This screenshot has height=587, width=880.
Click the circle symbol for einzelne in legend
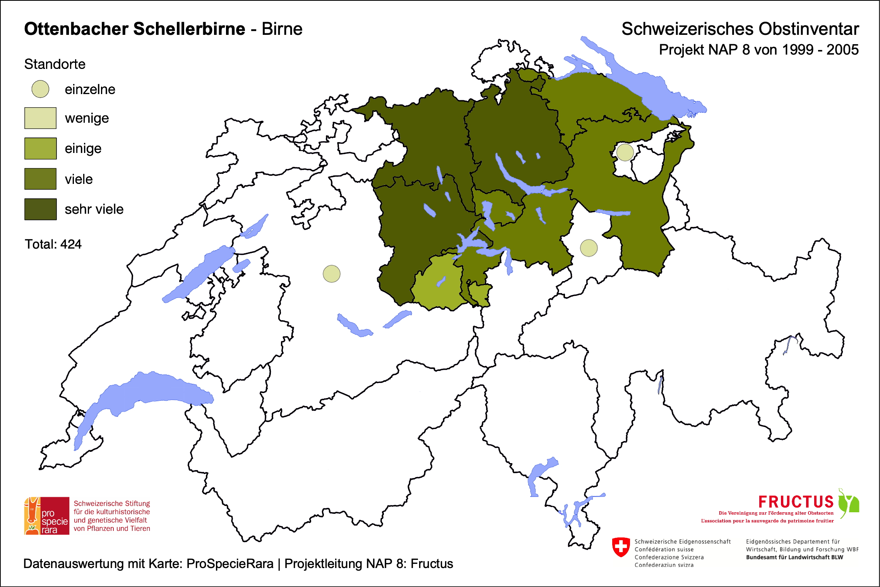click(40, 89)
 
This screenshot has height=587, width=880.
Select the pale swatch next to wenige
click(40, 118)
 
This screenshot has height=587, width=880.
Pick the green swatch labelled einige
click(40, 148)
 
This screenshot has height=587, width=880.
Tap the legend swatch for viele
click(40, 179)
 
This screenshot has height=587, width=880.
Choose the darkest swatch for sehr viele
click(40, 209)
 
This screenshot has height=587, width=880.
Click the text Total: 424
click(53, 244)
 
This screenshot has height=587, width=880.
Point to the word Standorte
click(55, 64)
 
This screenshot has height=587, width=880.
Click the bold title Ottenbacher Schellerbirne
click(134, 29)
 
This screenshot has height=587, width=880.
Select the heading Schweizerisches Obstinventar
click(740, 29)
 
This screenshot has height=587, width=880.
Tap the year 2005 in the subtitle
click(842, 50)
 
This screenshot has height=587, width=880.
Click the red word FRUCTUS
click(796, 502)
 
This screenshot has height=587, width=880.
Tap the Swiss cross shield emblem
click(621, 547)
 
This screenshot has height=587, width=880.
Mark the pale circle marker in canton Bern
click(332, 274)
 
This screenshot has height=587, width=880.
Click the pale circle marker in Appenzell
click(625, 152)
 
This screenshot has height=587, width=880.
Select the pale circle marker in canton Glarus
click(589, 248)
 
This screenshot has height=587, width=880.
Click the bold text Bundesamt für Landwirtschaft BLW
click(794, 557)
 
